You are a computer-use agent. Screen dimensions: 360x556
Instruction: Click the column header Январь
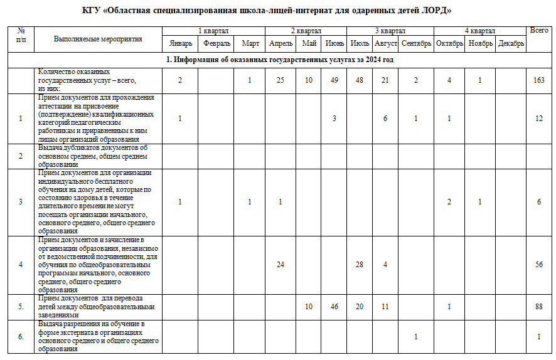point(179,43)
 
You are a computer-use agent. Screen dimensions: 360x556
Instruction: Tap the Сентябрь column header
point(415,43)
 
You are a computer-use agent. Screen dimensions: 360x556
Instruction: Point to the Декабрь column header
point(511,43)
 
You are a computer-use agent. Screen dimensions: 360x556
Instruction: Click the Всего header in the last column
point(539,30)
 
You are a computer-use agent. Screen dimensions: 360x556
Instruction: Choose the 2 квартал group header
point(306,31)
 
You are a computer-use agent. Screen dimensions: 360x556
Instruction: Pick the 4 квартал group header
point(480,31)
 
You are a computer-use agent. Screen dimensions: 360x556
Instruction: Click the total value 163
point(539,80)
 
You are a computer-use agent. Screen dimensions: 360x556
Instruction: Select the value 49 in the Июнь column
point(334,80)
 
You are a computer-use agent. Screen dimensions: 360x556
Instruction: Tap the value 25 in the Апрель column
point(280,80)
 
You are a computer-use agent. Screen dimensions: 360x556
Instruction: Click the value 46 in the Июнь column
point(334,307)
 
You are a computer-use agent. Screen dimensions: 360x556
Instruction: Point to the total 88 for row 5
point(539,307)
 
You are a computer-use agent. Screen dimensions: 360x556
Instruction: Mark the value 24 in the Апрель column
point(280,265)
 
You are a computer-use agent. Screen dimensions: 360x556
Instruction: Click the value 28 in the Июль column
point(360,265)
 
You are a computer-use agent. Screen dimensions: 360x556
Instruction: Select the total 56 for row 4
point(539,265)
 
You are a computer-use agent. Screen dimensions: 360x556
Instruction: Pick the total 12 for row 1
point(539,119)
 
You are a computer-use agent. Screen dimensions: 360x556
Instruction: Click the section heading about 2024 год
point(279,60)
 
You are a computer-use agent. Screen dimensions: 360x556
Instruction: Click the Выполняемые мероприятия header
point(98,39)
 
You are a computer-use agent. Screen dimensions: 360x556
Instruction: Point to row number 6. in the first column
point(21,337)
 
